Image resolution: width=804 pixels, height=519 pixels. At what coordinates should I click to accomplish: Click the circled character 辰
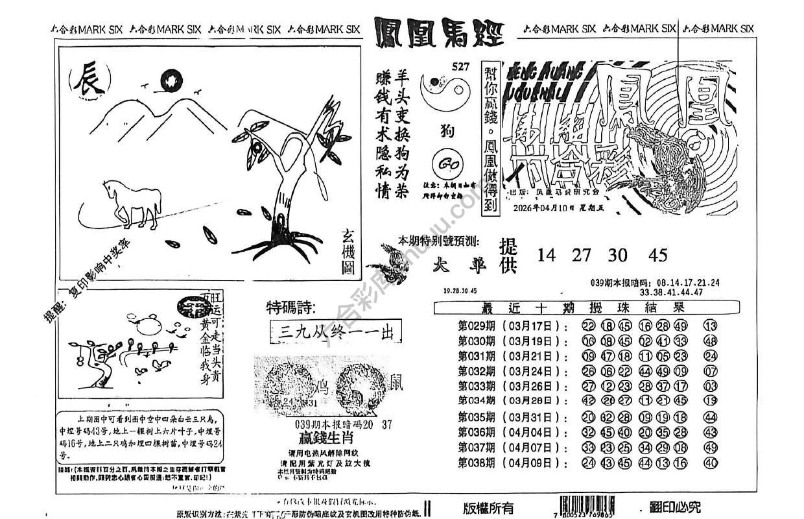tap(89, 83)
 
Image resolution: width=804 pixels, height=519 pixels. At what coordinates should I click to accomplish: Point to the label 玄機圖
tap(350, 253)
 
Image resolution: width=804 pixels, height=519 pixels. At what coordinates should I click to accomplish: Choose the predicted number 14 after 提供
tap(547, 255)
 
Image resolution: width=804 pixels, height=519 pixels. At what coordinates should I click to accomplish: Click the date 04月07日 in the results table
tap(533, 447)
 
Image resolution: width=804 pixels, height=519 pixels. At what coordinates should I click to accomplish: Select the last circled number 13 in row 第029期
tap(709, 326)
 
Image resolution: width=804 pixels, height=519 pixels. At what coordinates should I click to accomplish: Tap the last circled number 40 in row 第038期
tap(709, 463)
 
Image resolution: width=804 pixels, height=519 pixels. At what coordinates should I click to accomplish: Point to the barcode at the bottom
tap(588, 504)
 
